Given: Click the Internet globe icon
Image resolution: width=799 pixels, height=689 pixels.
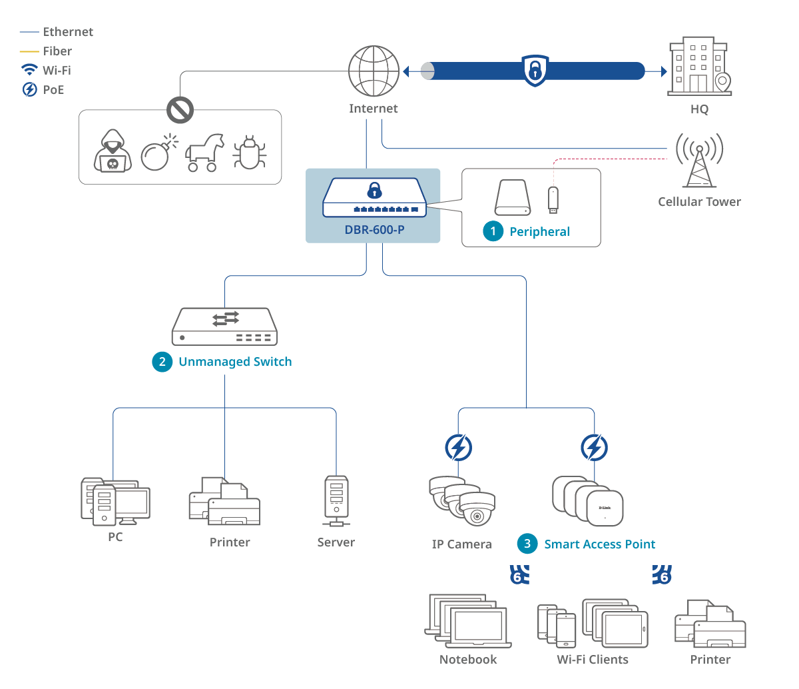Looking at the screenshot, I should point(374,71).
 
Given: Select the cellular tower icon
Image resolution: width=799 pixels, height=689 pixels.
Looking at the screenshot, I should point(699,161).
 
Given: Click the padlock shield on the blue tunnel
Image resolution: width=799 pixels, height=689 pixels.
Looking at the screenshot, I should point(535,70).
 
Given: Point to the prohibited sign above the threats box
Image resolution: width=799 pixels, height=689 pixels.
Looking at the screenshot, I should point(180,110).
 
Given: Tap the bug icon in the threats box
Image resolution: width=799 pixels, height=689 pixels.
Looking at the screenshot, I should point(250,153).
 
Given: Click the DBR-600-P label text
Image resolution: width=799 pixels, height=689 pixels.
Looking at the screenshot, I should point(374,230).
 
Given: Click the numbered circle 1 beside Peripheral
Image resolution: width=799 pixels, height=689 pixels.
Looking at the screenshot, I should point(493,231).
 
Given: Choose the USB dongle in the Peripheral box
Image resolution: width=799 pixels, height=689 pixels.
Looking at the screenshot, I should point(553,200).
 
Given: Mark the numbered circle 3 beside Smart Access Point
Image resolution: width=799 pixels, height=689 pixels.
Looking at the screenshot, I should point(527,544).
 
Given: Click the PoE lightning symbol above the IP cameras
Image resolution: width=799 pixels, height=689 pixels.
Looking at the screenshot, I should point(458,448).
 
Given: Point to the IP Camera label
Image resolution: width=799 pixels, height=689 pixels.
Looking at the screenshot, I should point(461,544).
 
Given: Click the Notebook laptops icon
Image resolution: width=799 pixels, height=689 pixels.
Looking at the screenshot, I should point(467,621).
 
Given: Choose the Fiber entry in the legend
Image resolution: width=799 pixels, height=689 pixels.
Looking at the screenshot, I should point(57,51).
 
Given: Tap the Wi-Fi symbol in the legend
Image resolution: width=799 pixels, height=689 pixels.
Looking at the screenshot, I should point(29,70).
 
